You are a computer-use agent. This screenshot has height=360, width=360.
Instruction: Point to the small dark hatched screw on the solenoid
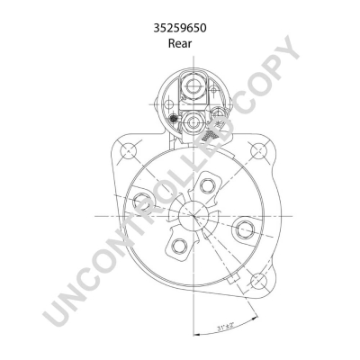tap(172, 118)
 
